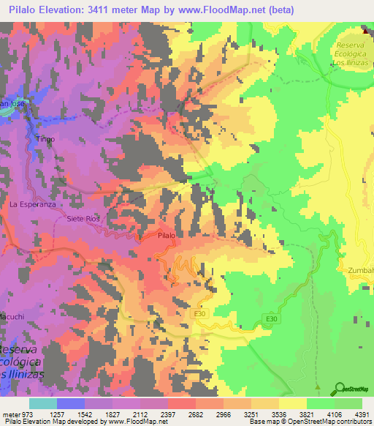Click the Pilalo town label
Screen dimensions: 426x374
coord(167,235)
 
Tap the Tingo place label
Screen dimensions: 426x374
coord(45,138)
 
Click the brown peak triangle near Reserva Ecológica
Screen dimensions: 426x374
coord(367,30)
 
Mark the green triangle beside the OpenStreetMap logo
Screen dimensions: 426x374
coord(317,387)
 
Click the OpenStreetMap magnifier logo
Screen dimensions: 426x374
coord(340,387)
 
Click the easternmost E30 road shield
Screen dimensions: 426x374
coord(271,318)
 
